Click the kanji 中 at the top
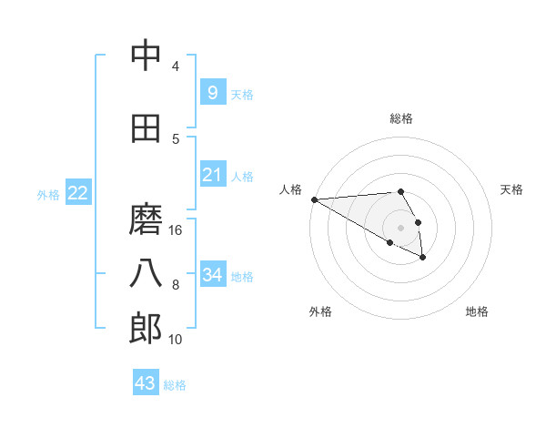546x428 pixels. pos(146,56)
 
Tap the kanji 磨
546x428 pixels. pos(146,219)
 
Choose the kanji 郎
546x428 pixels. pos(146,329)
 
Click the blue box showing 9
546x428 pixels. pos(212,92)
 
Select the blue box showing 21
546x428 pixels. pos(212,175)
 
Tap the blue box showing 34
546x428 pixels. pos(212,275)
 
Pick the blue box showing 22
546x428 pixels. pos(77,193)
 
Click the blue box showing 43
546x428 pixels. pos(145,383)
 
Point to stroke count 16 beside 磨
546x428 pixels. pos(176,230)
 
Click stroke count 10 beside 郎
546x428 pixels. pos(176,340)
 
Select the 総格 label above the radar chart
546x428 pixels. pos(400,118)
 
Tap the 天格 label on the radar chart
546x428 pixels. pos(512,189)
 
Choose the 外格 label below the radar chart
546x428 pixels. pos(319,311)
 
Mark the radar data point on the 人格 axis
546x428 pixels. pos(314,199)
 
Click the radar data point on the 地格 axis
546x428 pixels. pos(423,259)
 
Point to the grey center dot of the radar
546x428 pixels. pos(400,228)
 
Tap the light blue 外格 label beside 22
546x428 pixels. pos(48,194)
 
